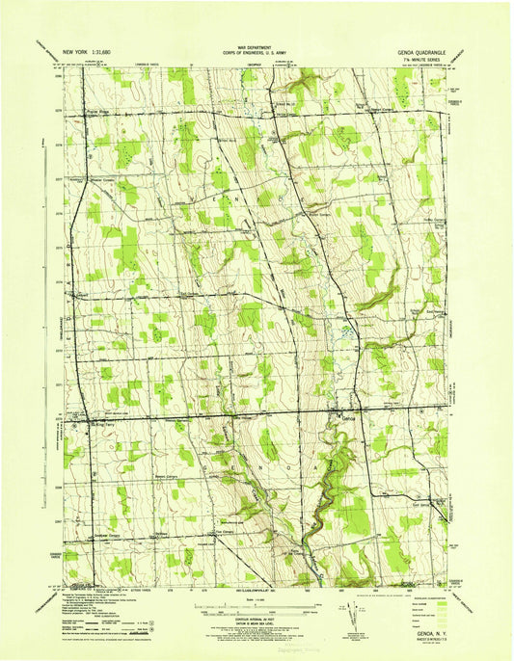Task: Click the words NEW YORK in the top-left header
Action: click(80, 50)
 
